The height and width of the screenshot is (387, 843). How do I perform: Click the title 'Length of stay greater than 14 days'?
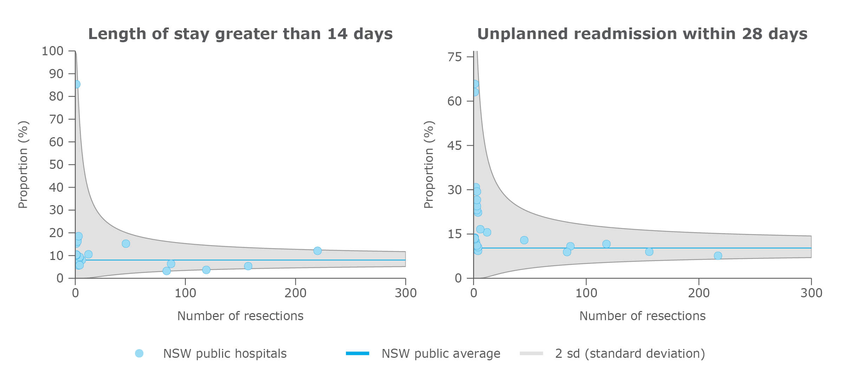(240, 34)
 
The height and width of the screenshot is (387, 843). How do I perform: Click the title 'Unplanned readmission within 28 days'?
(642, 34)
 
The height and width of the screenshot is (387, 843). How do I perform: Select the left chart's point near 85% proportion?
(77, 84)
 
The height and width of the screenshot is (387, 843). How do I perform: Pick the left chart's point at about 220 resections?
(318, 251)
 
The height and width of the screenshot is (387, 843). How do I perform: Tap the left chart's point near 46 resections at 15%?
(126, 244)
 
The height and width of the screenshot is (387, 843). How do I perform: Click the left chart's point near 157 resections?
(248, 266)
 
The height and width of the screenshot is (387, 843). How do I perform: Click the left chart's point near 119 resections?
(206, 270)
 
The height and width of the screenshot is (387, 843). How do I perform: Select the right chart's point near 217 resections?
(718, 256)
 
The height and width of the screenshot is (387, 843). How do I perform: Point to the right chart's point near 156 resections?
(649, 252)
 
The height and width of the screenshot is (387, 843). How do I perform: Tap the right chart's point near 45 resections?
(524, 240)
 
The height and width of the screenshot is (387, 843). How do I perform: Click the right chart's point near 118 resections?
(606, 244)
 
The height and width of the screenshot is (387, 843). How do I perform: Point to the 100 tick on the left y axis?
(53, 51)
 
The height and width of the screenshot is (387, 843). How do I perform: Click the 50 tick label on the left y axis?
(56, 165)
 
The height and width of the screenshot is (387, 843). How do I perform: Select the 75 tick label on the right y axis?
(455, 57)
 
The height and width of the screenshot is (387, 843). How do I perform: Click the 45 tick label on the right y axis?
(455, 146)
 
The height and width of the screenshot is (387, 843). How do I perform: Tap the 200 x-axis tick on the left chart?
(295, 293)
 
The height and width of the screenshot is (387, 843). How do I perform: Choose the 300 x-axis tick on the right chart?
(811, 293)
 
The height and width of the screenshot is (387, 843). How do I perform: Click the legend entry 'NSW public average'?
(440, 354)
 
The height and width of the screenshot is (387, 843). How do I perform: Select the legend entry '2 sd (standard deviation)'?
(630, 354)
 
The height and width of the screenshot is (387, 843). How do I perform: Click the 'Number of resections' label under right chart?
(642, 316)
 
